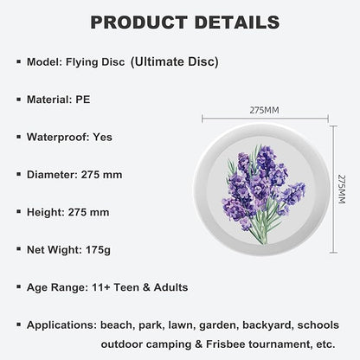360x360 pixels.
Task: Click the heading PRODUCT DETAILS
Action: point(179,22)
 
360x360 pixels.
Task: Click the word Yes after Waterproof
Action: point(101,137)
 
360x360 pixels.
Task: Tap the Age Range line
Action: point(107,287)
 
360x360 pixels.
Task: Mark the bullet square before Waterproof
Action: point(19,137)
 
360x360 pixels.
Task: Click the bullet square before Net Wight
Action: point(19,249)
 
